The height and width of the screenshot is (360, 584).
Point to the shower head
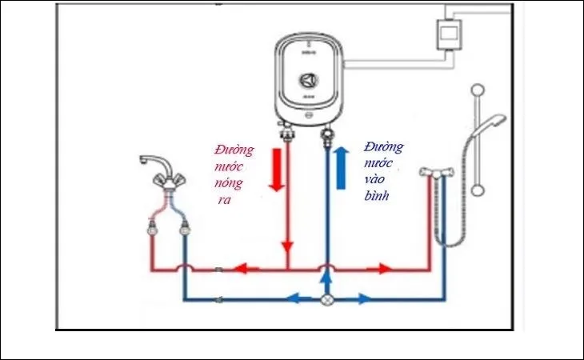tap(494, 123)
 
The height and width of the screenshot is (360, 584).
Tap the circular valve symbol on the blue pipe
tap(326, 300)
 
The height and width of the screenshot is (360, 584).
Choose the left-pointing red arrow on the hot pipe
tap(249, 269)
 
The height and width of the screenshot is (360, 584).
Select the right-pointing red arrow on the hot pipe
tap(385, 269)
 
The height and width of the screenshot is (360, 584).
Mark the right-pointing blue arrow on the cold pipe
tap(362, 300)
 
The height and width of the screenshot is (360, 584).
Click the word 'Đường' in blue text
tap(383, 147)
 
